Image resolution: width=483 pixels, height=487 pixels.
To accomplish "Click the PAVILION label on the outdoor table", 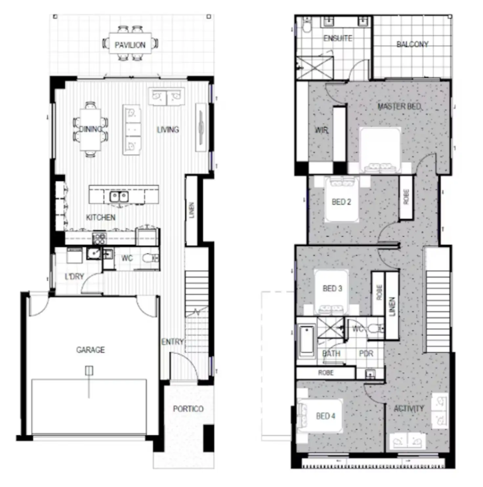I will click(130, 45).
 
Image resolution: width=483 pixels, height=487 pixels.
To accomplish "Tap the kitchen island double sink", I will click(119, 197).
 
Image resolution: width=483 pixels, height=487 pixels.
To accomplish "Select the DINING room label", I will click(91, 129).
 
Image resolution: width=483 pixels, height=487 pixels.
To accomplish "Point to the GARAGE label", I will click(91, 350).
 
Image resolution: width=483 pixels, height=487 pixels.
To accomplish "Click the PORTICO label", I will click(188, 409).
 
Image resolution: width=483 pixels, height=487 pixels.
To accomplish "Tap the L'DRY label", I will click(74, 277).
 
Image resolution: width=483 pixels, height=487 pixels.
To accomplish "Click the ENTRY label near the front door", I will click(172, 342).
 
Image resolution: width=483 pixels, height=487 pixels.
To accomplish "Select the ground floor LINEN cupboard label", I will click(192, 210).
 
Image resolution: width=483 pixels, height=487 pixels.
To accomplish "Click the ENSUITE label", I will click(338, 38).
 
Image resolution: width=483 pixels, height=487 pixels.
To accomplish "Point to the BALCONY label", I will click(412, 44).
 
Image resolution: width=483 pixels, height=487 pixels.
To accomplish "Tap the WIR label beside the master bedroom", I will click(321, 130).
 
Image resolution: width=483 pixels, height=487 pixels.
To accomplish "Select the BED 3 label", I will click(332, 288).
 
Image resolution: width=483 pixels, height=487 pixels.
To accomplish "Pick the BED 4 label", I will click(325, 416).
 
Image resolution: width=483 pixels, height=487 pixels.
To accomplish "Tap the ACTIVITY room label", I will click(409, 408).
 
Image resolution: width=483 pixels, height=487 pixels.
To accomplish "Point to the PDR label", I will click(366, 353).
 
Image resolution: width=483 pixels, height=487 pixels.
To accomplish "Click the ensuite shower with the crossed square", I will click(315, 68).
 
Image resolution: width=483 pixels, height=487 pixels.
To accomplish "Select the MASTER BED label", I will click(399, 106).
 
